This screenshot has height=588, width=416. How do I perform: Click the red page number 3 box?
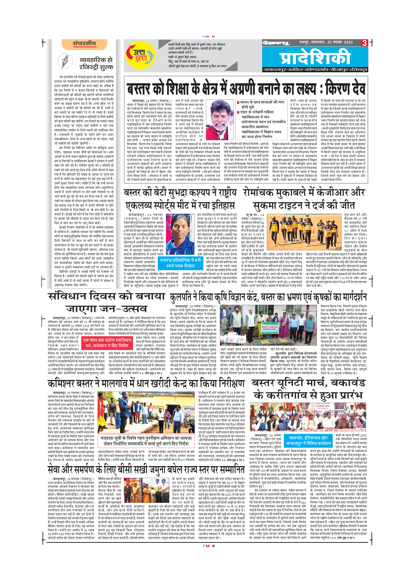tap(364, 43)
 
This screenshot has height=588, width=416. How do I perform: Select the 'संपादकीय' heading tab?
tap(84, 44)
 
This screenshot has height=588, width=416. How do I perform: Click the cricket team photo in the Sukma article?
tap(304, 232)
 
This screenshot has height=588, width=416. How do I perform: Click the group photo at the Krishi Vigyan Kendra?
tap(268, 325)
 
